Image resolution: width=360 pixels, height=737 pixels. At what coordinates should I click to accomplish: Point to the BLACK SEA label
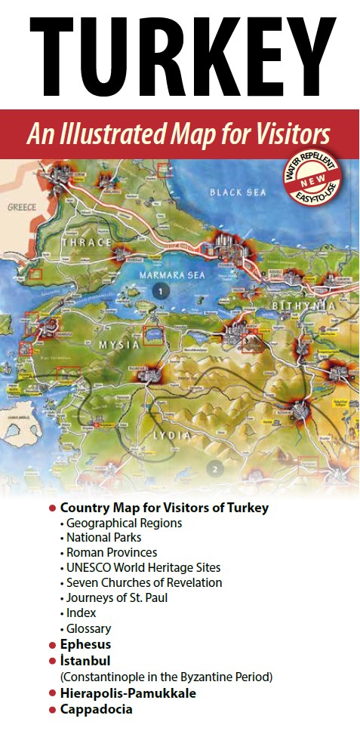tap(238, 192)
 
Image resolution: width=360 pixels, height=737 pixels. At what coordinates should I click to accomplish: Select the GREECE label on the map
tap(22, 206)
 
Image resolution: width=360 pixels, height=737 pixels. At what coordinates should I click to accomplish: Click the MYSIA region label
tap(119, 345)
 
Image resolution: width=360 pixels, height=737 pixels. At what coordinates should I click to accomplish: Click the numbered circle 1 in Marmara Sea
tap(159, 290)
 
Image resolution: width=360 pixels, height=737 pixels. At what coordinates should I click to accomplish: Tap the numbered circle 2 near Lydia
tap(215, 469)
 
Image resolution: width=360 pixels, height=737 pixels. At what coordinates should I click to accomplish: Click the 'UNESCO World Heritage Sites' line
tap(143, 567)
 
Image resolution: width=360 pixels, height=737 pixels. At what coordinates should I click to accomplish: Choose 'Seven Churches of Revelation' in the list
tap(144, 582)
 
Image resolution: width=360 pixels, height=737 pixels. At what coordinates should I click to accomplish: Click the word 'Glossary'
tap(88, 628)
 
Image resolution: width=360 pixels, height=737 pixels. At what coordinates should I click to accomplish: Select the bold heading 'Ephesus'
tap(85, 644)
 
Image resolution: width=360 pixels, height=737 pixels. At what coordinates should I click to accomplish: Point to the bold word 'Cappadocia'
tap(96, 709)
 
